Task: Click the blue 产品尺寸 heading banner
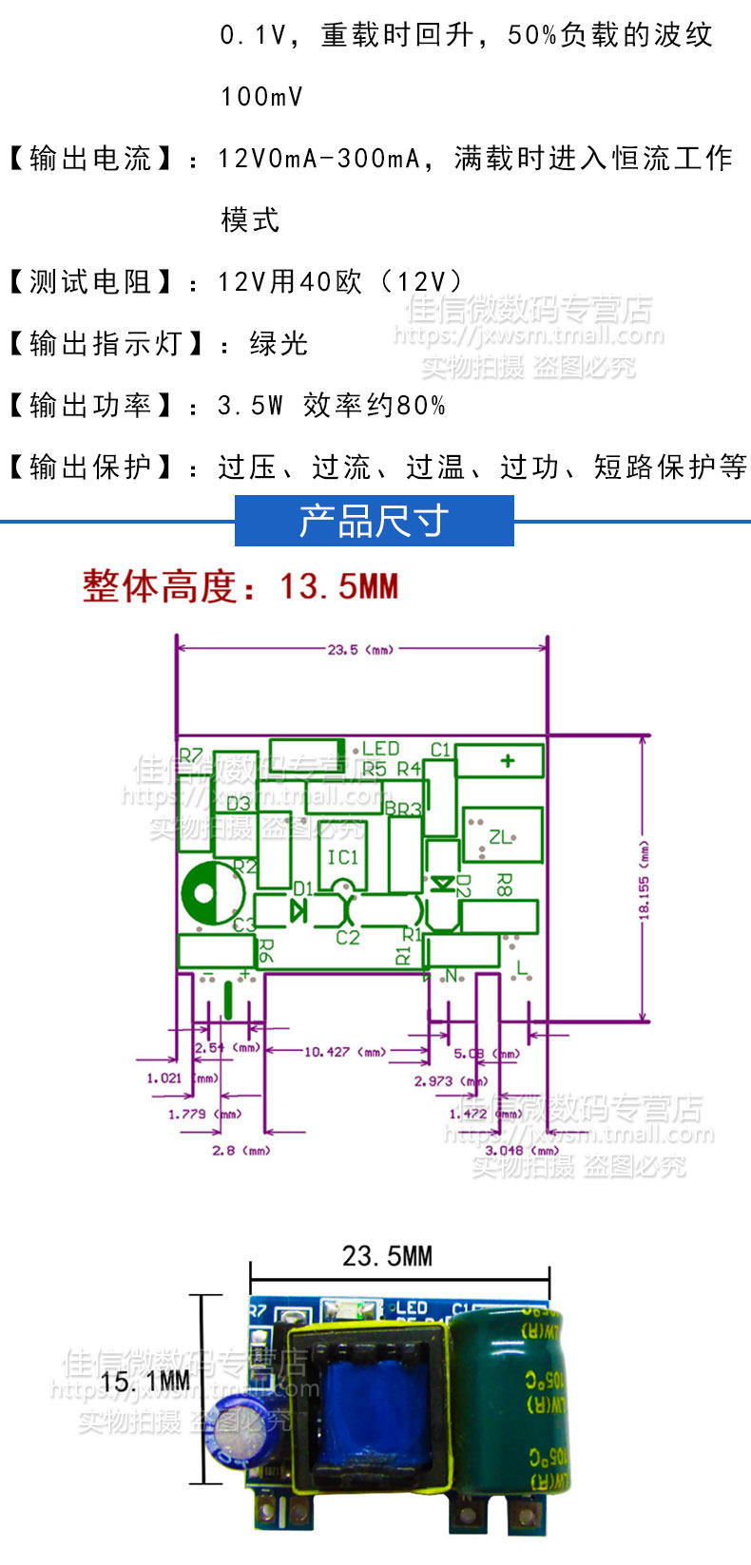[374, 521]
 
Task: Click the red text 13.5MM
[338, 586]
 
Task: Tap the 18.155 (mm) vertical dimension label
[644, 879]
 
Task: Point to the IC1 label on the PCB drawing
[342, 857]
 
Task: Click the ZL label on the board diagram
[499, 837]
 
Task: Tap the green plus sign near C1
[507, 760]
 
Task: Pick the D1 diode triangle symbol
[298, 911]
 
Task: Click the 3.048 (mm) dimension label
[522, 1151]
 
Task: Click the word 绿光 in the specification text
[279, 343]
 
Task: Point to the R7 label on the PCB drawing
[191, 755]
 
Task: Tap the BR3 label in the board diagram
[403, 810]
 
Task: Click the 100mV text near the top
[261, 96]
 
